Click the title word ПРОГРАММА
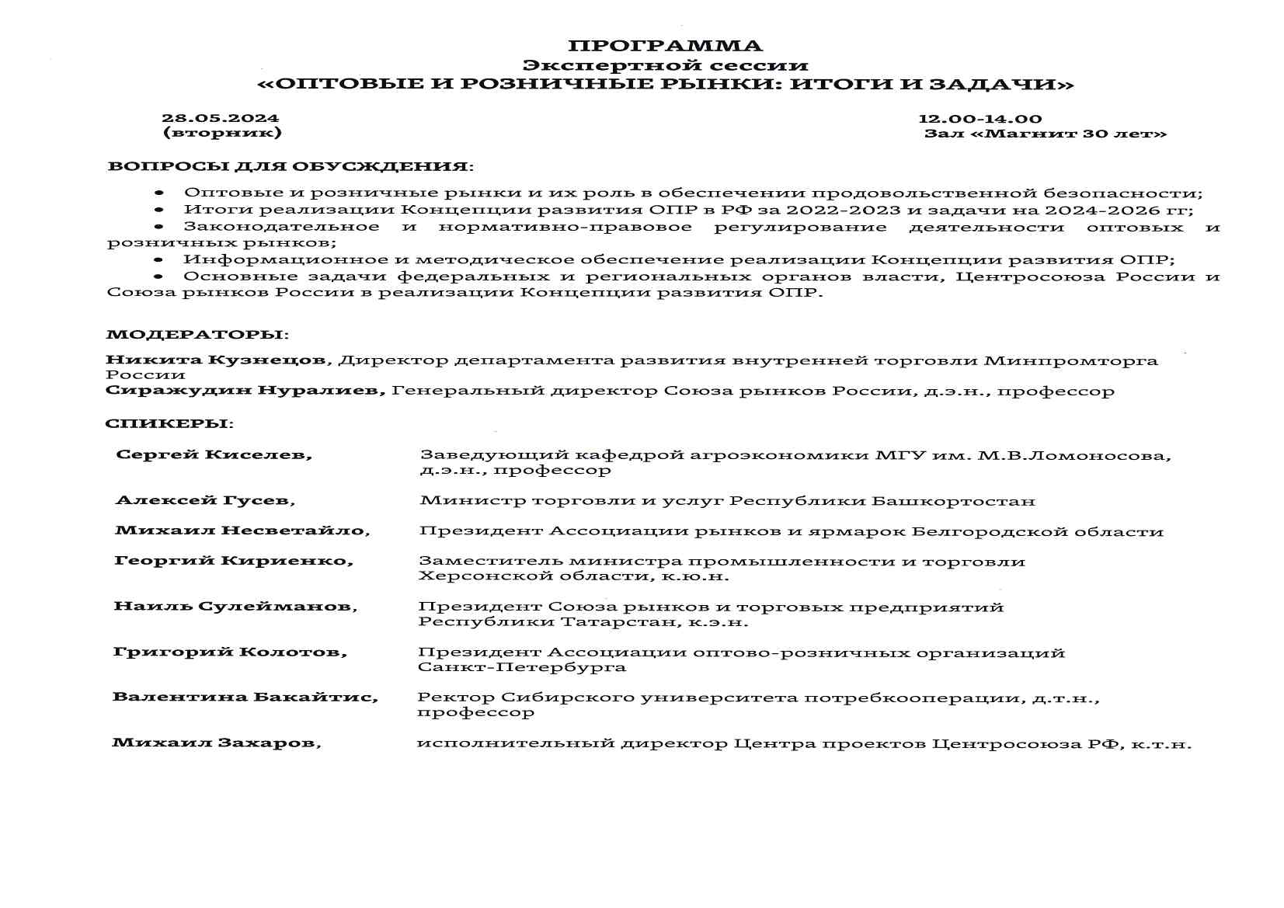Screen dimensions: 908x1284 pos(665,46)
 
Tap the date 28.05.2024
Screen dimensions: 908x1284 pos(220,119)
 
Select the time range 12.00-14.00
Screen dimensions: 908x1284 pos(980,119)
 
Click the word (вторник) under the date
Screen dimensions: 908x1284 pos(221,133)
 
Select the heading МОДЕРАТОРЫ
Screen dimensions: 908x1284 pos(196,335)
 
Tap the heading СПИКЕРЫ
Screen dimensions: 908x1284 pos(168,424)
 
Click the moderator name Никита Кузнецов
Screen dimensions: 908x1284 pos(215,360)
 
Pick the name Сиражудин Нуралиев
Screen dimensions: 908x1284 pos(245,391)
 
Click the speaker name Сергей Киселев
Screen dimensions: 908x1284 pos(213,455)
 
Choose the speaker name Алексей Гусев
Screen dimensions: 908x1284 pos(204,501)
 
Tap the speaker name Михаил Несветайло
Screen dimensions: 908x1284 pos(242,531)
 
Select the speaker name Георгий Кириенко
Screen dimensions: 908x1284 pos(233,561)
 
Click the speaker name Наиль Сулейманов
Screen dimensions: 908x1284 pos(235,607)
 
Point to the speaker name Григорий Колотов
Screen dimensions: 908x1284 pos(230,652)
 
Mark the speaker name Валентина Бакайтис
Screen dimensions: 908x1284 pos(245,698)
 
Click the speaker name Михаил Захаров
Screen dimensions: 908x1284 pos(216,743)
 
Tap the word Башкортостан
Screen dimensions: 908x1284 pos(953,501)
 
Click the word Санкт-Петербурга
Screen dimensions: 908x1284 pos(521,667)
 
